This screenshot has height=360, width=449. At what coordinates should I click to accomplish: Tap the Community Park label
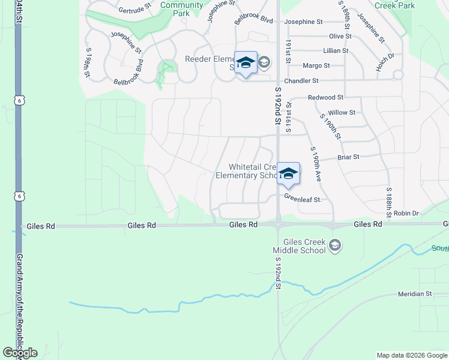(182, 9)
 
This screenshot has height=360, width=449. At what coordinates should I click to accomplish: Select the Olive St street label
(340, 36)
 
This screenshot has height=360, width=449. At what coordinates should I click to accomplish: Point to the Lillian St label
(336, 51)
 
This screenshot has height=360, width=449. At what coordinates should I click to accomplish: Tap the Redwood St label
(325, 97)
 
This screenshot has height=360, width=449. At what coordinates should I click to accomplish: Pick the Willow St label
(342, 112)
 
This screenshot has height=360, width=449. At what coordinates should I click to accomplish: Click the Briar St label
(348, 157)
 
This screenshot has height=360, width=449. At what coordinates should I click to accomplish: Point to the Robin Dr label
(406, 213)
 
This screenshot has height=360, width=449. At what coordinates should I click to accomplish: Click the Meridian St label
(415, 294)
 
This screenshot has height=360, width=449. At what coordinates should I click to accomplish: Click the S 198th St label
(88, 62)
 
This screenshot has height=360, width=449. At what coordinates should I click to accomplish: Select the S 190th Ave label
(316, 164)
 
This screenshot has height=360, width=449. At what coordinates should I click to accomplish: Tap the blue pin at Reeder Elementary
(246, 64)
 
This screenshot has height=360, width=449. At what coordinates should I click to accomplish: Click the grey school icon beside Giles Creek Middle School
(335, 245)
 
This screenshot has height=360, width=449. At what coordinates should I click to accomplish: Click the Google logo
(20, 353)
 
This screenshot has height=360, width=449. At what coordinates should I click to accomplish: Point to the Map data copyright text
(411, 355)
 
